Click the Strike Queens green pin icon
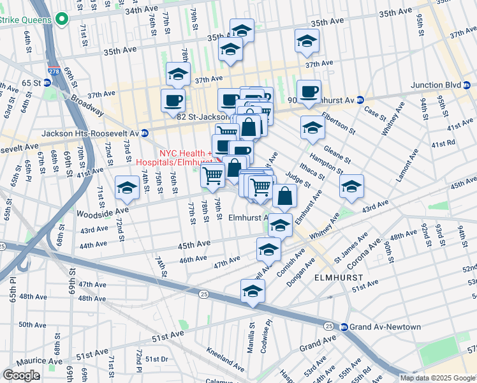tap(61, 20)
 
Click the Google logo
tap(21, 375)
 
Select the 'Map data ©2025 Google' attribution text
tap(437, 378)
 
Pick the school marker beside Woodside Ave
tap(128, 188)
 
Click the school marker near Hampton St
tap(351, 186)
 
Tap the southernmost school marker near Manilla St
tap(253, 291)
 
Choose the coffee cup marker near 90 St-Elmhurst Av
tap(309, 91)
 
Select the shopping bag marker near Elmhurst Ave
tap(285, 196)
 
